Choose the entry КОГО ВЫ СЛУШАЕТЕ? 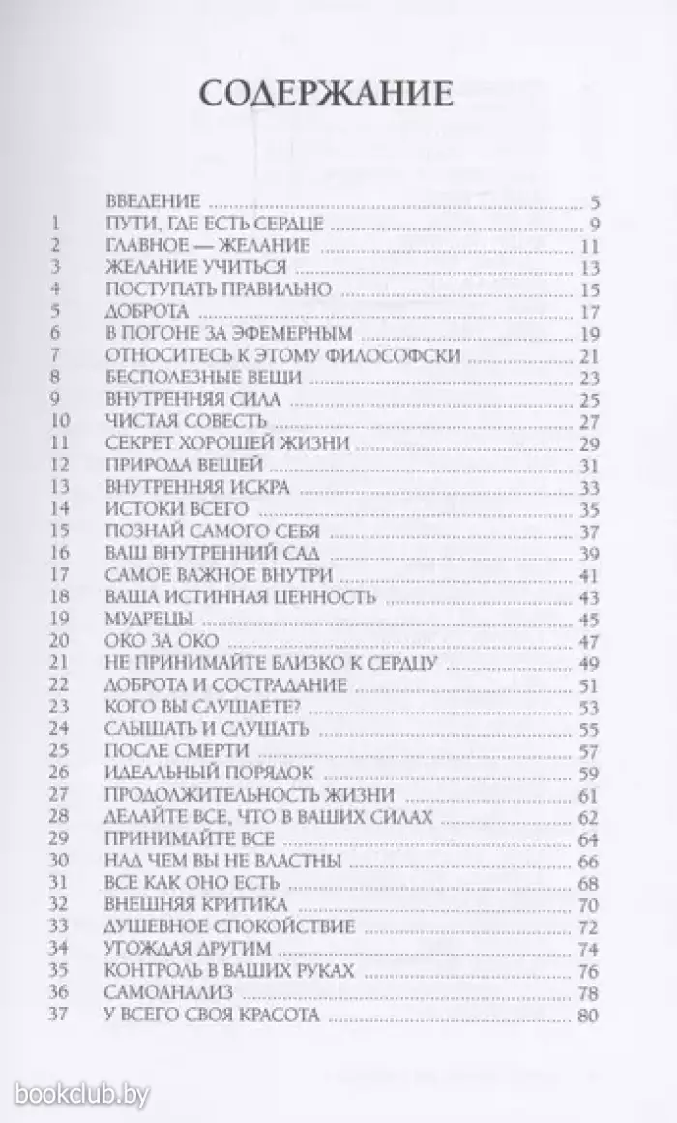coord(188,707)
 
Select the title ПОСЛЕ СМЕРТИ coord(162,750)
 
